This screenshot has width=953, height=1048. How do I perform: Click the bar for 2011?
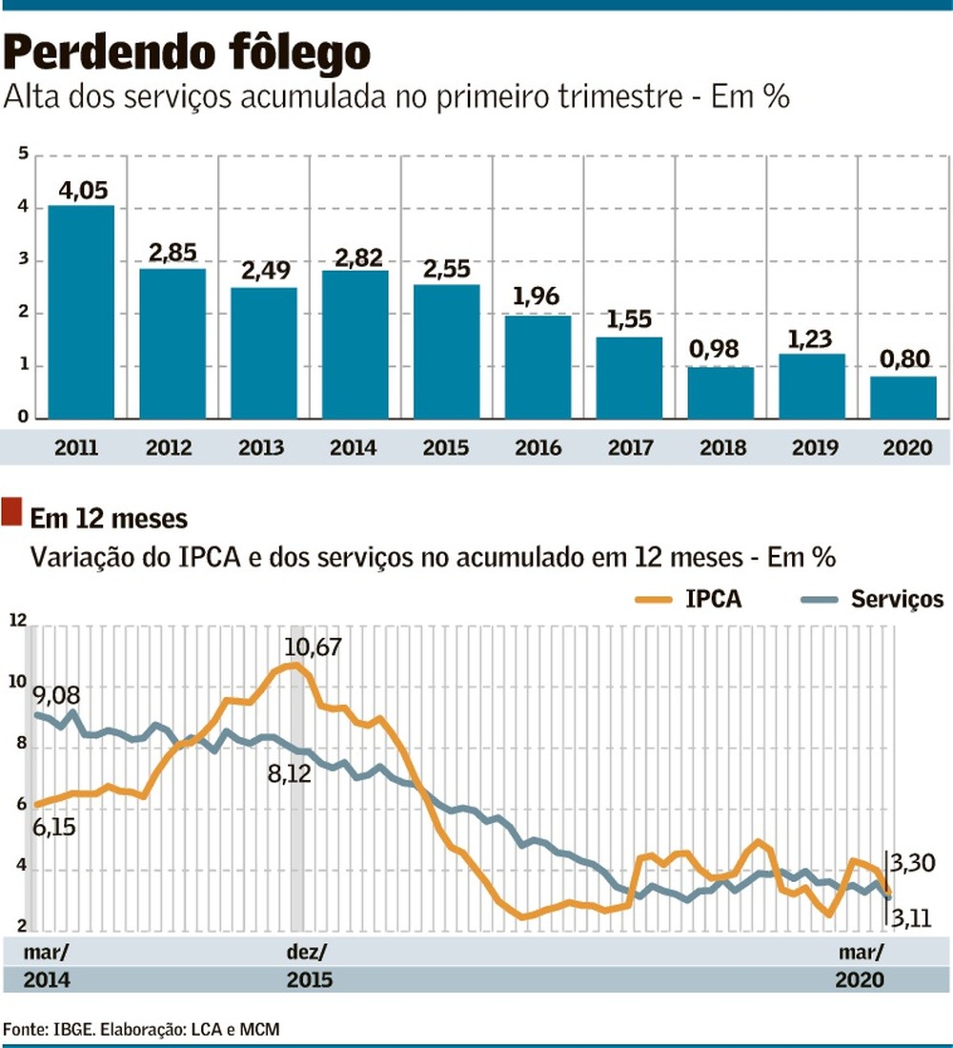81,312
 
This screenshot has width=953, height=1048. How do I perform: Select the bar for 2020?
902,398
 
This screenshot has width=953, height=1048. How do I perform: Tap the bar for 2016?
537,367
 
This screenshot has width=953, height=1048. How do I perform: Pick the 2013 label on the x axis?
263,446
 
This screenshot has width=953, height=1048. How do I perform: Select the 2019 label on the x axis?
812,446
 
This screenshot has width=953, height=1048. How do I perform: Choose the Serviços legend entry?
897,599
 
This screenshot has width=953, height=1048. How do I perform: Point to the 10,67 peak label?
312,647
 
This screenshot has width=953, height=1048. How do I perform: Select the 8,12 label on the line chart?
290,774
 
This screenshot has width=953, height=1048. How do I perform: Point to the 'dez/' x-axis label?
307,952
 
